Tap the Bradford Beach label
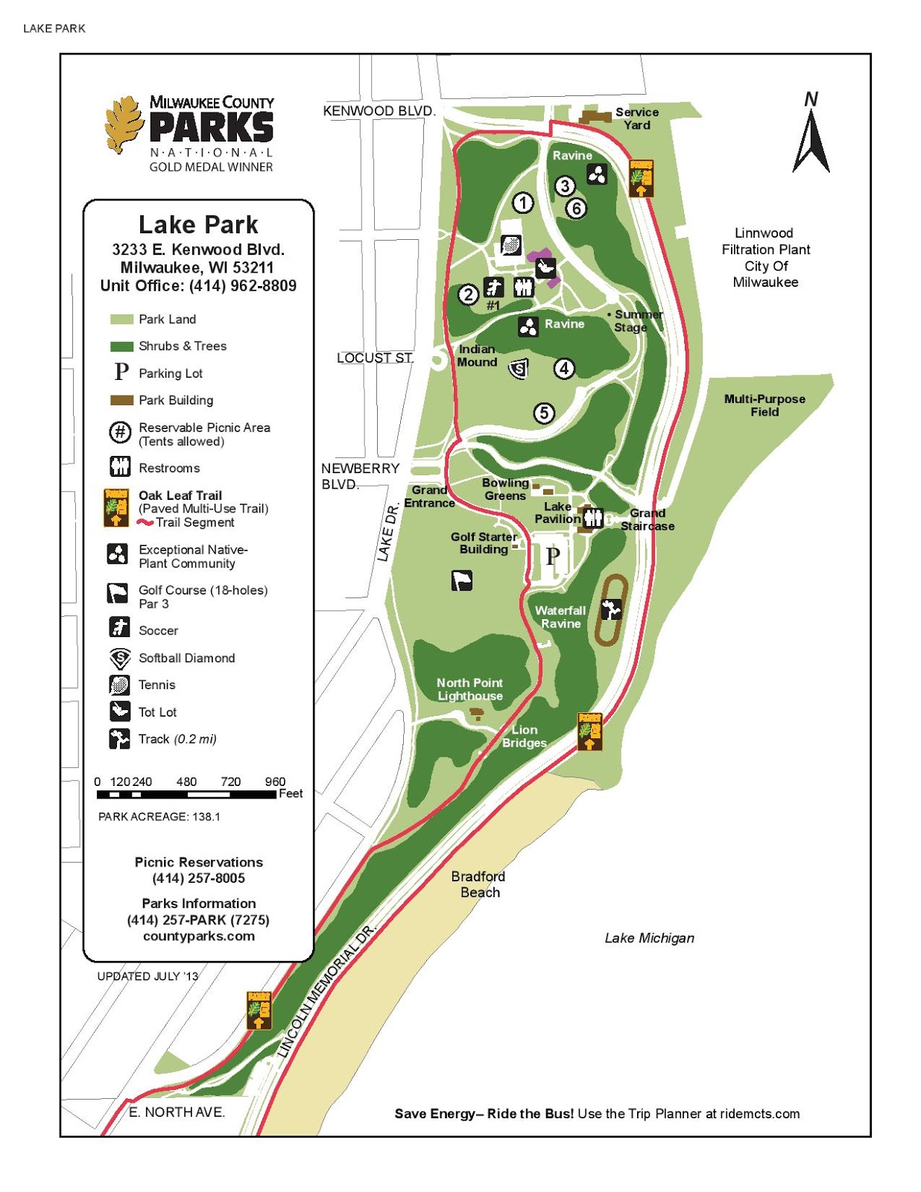(x=478, y=884)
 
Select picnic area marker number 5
(x=544, y=413)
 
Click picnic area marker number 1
(x=523, y=202)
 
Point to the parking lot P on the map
(x=552, y=556)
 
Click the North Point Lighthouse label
(x=469, y=689)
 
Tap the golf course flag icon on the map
(x=462, y=580)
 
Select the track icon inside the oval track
(x=611, y=609)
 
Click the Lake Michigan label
(x=649, y=938)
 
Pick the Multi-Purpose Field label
(x=765, y=405)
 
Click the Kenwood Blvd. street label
(x=379, y=111)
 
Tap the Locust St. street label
(x=374, y=358)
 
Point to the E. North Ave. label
(x=177, y=1112)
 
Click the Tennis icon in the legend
(x=119, y=684)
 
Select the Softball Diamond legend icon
(x=119, y=658)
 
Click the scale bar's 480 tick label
(x=186, y=782)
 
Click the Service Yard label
(x=636, y=118)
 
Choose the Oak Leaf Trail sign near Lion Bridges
(x=589, y=731)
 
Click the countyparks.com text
(x=199, y=936)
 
